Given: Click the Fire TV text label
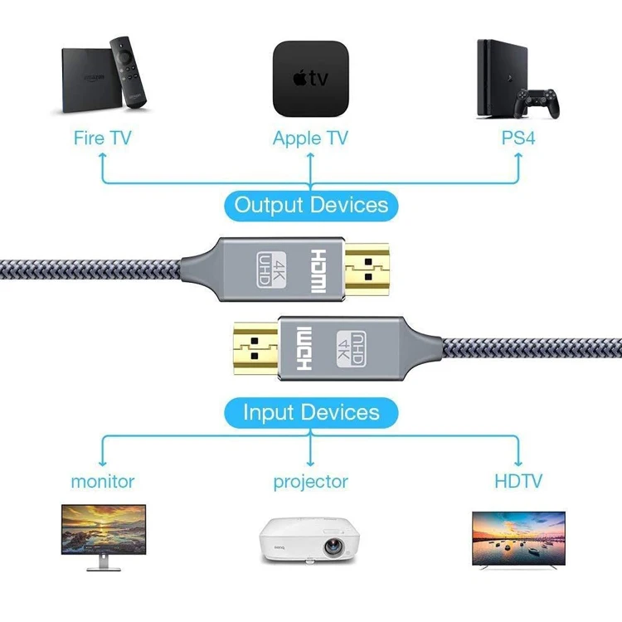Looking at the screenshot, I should coord(102,137).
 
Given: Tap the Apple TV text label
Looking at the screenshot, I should coord(310,137).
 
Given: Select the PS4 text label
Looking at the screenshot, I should coord(518,137).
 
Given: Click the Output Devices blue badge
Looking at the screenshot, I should coord(311,205).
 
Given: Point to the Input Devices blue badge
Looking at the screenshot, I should coord(311,412).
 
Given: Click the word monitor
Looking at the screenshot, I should coord(102,480).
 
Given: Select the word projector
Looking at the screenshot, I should coord(310,481).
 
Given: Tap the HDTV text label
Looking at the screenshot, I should coord(518,480).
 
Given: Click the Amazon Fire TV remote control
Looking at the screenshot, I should coord(130,72).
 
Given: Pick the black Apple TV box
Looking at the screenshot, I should coord(310,79).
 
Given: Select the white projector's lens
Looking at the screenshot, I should coord(332,548).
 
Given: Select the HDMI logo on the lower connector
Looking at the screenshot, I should coord(303,346).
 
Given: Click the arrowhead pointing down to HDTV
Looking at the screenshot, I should coord(518,461).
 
